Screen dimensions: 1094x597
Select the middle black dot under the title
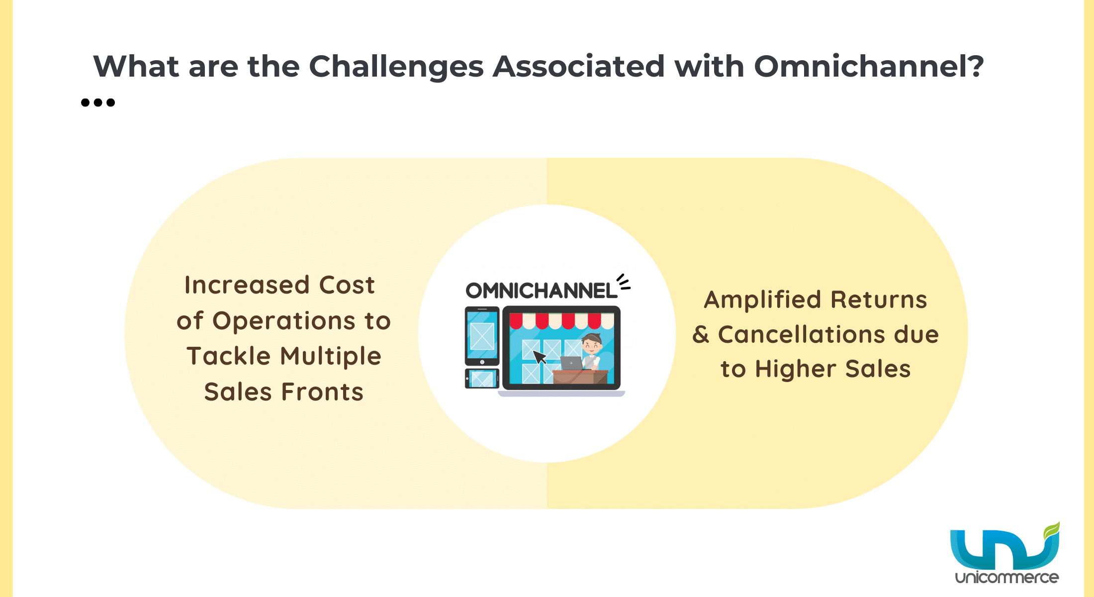pyautogui.click(x=98, y=102)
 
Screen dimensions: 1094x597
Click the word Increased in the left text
pyautogui.click(x=247, y=285)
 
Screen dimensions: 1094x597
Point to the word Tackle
pyautogui.click(x=229, y=356)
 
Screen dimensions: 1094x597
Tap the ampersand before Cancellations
pyautogui.click(x=701, y=334)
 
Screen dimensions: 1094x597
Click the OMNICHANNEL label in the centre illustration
pyautogui.click(x=541, y=291)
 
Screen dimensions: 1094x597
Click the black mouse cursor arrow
pyautogui.click(x=540, y=357)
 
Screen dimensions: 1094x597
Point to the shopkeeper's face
pyautogui.click(x=592, y=344)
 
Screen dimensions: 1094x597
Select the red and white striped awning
pyautogui.click(x=562, y=321)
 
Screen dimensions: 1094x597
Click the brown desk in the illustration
pyautogui.click(x=580, y=377)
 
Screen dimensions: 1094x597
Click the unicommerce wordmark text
pyautogui.click(x=1007, y=578)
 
